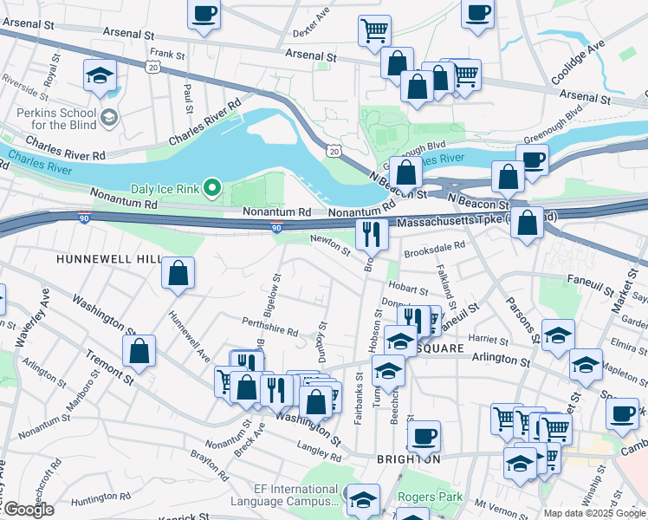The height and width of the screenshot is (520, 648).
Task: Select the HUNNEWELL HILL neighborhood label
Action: click(109, 259)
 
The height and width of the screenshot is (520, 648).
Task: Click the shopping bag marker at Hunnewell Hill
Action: click(178, 274)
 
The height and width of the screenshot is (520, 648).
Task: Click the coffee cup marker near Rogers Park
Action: click(424, 436)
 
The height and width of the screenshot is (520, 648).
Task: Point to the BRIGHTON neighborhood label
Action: click(408, 458)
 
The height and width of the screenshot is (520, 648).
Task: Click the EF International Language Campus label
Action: click(284, 496)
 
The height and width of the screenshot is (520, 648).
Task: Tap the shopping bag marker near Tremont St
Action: click(139, 351)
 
